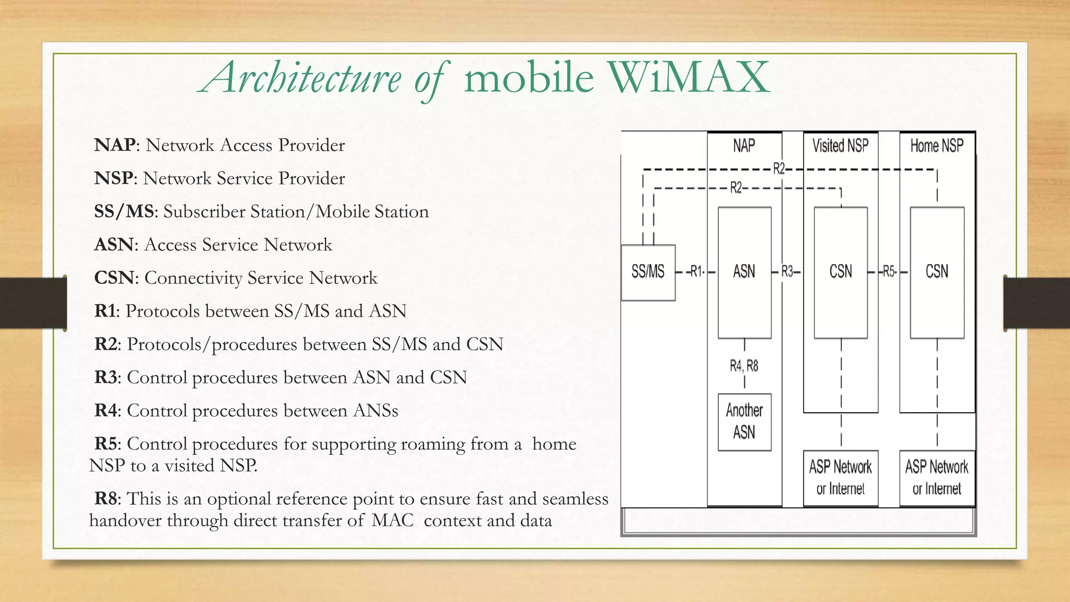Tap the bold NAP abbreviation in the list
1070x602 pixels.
coord(115,145)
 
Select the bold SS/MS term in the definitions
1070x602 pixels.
coord(124,211)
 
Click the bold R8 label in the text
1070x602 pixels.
coord(106,498)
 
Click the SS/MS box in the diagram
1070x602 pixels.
coord(648,272)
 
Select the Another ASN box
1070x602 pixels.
coord(744,422)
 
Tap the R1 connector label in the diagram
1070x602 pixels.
coord(696,272)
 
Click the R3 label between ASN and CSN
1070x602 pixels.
coord(787,272)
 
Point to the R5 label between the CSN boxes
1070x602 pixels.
coord(889,272)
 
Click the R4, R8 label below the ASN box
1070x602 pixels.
coord(744,366)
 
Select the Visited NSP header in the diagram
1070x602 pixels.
coord(840,146)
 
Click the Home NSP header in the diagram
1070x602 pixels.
coord(937,146)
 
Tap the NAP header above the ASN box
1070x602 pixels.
coord(744,146)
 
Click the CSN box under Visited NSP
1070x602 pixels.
coord(841,272)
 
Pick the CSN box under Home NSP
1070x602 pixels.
coord(937,272)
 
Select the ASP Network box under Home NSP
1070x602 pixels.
coord(937,478)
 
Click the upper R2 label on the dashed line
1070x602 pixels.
coord(778,169)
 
